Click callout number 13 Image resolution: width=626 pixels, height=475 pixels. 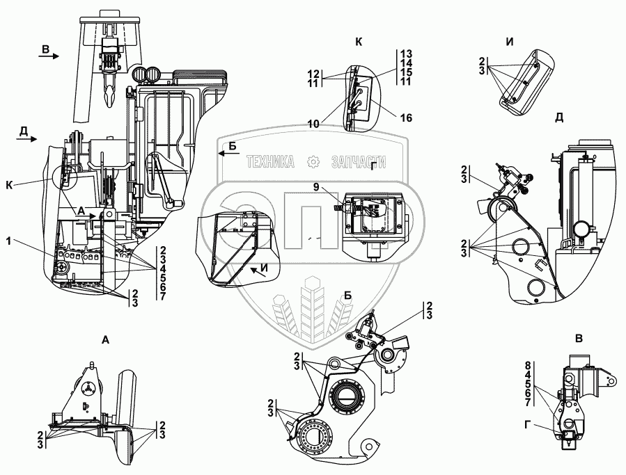tap(407, 54)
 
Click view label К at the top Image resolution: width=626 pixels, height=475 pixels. tap(359, 42)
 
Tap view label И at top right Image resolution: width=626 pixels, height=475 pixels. tap(510, 42)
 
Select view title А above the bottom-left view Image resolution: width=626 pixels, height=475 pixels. tap(105, 339)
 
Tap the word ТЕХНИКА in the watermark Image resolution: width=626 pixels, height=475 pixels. tap(269, 161)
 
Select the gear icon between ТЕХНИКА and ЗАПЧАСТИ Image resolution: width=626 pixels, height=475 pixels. tap(313, 161)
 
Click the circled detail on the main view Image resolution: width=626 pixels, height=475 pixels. tap(66, 177)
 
